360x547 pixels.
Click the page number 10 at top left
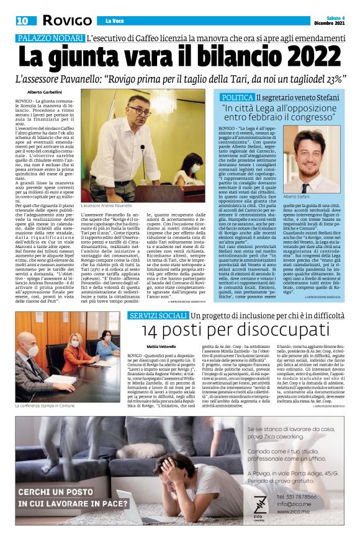(22, 21)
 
